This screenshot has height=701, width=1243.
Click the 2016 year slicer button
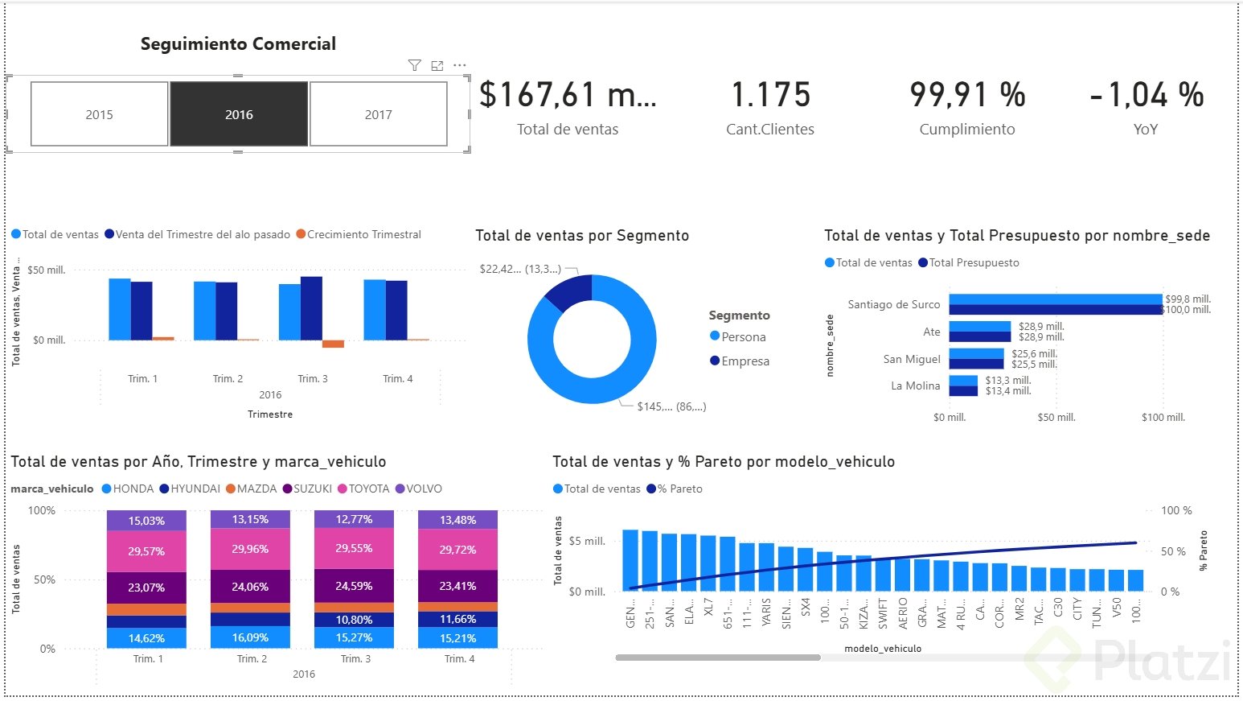click(x=239, y=114)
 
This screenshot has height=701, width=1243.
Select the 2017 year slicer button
click(x=378, y=114)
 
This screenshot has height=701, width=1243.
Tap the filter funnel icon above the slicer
click(x=414, y=65)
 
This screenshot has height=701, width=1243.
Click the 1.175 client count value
click(x=770, y=95)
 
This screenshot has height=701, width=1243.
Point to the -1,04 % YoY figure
click(x=1146, y=95)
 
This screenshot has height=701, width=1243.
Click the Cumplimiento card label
click(x=966, y=130)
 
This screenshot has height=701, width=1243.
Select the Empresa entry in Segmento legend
click(x=745, y=361)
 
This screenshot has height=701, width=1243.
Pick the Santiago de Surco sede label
click(x=893, y=304)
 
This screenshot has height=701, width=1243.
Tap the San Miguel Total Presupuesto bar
click(x=976, y=364)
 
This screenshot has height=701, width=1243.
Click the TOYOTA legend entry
click(x=368, y=489)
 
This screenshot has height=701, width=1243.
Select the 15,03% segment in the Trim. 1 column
click(x=146, y=521)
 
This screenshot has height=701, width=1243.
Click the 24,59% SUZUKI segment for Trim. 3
click(x=354, y=586)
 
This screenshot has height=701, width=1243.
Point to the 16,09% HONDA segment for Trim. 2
click(x=250, y=637)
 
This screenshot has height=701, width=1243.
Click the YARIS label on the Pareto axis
click(x=766, y=612)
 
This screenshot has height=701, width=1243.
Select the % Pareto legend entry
click(x=679, y=489)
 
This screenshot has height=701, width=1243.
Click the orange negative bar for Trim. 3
click(x=333, y=344)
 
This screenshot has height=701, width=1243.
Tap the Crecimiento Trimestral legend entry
click(x=363, y=234)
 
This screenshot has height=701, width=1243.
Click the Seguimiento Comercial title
click(x=238, y=44)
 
